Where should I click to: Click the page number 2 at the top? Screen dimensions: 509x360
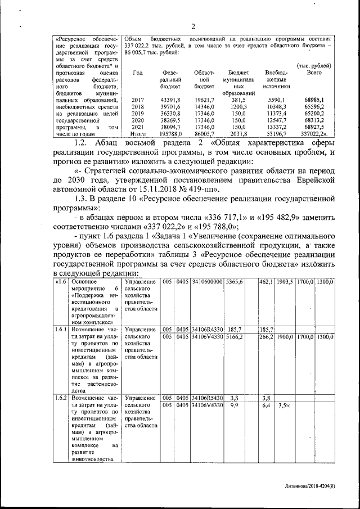(192, 26)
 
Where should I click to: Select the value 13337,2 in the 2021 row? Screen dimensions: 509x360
(276, 128)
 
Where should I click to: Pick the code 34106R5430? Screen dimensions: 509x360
(207, 397)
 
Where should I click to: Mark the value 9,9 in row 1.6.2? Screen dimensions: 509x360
(235, 404)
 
